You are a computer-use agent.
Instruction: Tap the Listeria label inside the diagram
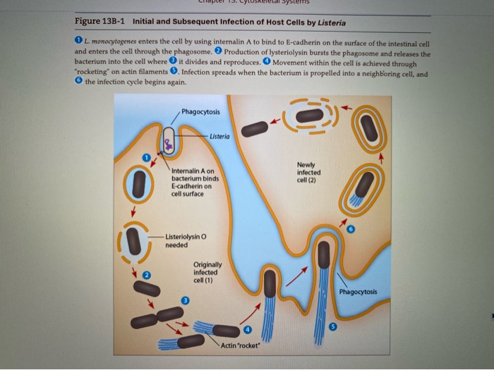[x=219, y=136]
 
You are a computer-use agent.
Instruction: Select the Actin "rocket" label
[x=241, y=345]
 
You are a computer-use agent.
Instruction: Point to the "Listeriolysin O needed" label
[x=186, y=240]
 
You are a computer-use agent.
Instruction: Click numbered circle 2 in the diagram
[x=146, y=273]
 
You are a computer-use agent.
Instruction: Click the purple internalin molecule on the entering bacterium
[x=168, y=145]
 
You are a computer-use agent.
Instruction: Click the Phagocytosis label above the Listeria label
[x=200, y=112]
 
